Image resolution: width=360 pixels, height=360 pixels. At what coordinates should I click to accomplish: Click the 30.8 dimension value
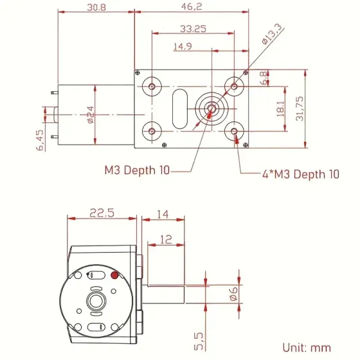coord(96,7)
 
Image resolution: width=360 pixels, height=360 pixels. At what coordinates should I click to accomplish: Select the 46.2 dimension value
coord(192,6)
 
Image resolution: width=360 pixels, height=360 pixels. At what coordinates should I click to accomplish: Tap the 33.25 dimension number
coord(193,29)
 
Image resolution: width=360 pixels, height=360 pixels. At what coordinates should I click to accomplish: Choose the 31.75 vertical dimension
coord(300,109)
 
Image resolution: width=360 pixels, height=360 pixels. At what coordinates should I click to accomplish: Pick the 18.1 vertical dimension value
coord(280,109)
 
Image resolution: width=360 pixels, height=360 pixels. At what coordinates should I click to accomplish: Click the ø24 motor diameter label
coord(91,115)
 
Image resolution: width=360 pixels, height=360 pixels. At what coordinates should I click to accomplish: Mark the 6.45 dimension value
coord(40,140)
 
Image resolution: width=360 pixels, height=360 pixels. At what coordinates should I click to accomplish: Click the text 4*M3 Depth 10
coord(301,174)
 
